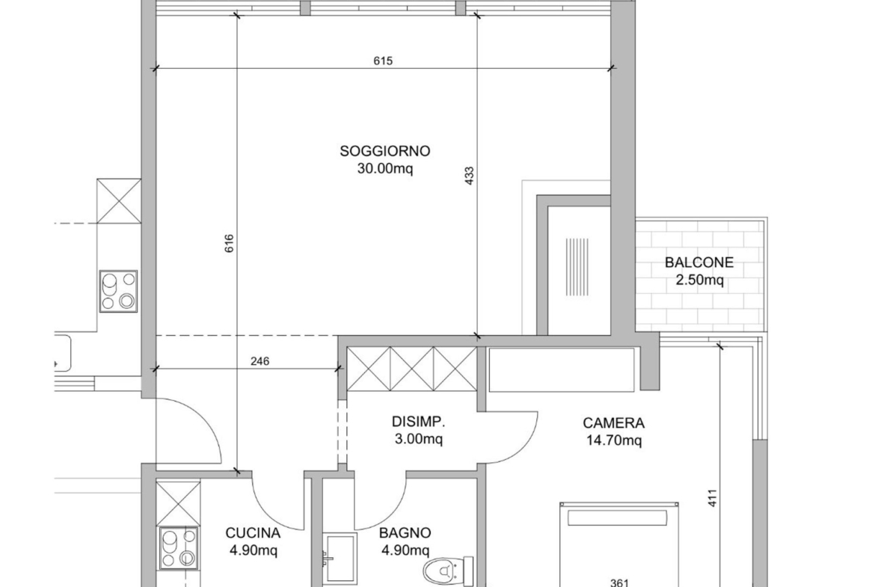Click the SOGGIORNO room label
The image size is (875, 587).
tap(385, 151)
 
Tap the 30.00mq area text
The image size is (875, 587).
tap(385, 168)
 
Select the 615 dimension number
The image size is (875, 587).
tap(383, 61)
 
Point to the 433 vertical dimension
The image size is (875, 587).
tap(469, 176)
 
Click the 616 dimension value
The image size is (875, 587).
tap(229, 244)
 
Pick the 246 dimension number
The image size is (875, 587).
tap(260, 362)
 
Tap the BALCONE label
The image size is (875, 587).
tap(699, 262)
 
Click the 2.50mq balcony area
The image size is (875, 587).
tap(700, 280)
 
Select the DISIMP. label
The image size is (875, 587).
tap(419, 421)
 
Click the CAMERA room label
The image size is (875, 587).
tap(614, 423)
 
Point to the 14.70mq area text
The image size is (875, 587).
tap(614, 440)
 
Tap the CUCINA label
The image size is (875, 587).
tap(253, 533)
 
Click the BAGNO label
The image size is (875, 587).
tap(405, 533)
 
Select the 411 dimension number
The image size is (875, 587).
tap(712, 498)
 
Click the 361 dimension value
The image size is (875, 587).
tap(619, 583)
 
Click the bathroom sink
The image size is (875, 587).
tap(340, 559)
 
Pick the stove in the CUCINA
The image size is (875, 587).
tap(179, 548)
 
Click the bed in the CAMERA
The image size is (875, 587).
tap(619, 544)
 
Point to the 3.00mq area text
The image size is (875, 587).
tap(419, 439)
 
